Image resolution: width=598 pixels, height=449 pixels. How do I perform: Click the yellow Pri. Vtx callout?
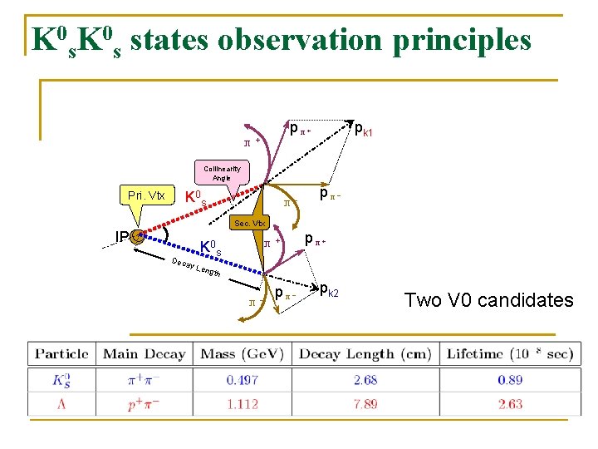point(146,196)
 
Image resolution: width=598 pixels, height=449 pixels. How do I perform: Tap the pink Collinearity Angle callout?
point(221,173)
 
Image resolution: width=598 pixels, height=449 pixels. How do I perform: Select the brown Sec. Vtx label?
point(248,223)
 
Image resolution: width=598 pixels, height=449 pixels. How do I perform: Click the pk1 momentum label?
point(364,130)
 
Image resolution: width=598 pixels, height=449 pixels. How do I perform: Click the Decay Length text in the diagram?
point(196,268)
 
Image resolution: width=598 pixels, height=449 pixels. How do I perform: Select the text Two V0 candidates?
point(488,300)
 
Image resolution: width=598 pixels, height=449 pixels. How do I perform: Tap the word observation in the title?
point(279,38)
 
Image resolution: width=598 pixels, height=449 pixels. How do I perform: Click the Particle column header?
point(61,353)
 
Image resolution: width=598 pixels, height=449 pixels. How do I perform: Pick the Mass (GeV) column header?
point(242,353)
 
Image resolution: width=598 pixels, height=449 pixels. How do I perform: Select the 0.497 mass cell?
point(242,380)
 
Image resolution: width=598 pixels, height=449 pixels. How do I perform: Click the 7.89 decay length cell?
point(365,403)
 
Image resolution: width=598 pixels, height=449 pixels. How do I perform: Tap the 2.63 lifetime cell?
point(510,403)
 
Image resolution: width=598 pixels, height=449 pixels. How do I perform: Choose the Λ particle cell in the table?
point(61,403)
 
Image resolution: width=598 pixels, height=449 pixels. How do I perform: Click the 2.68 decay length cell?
point(365,380)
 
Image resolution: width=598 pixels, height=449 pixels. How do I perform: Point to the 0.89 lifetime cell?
point(510,380)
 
